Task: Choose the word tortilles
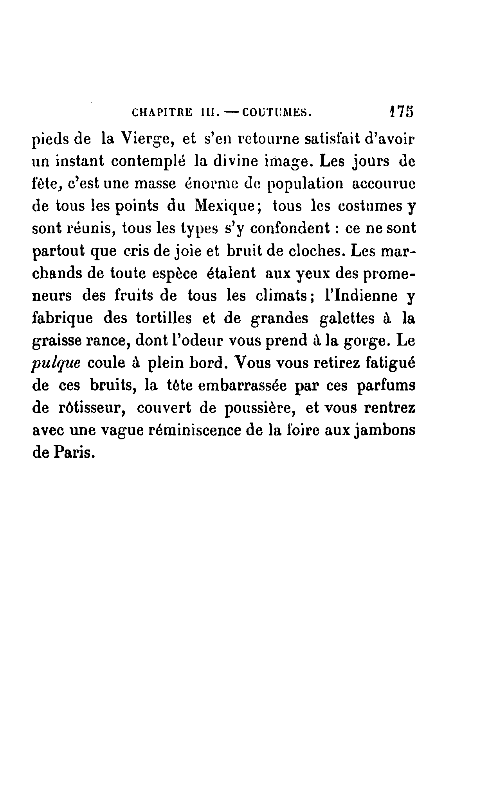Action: (x=164, y=318)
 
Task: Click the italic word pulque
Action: (x=55, y=364)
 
